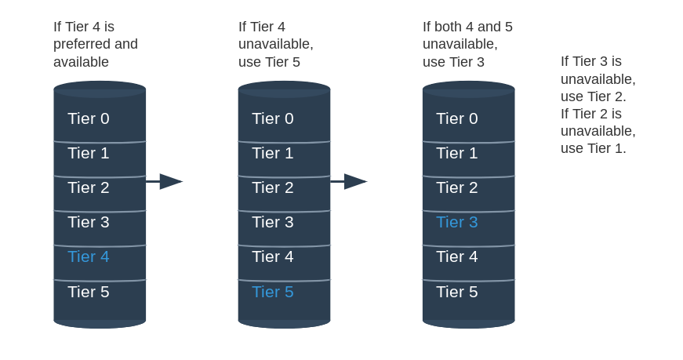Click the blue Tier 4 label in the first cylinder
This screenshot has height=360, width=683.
coord(89,256)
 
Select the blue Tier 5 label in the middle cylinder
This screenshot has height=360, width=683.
coord(273,292)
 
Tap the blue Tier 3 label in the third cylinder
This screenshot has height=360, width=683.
coord(457,222)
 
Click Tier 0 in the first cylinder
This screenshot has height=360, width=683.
coord(89,118)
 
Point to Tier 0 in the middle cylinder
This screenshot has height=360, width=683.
coord(273,118)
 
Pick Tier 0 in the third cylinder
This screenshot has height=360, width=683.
coord(457,118)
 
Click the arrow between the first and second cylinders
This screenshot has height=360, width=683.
coord(164,181)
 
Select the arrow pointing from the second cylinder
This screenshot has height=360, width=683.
coord(349,181)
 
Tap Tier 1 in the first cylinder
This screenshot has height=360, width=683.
coord(89,153)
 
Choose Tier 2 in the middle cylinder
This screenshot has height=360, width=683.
coord(273,187)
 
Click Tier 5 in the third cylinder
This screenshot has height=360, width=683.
coord(457,292)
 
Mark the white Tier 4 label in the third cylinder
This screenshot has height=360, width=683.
coord(457,256)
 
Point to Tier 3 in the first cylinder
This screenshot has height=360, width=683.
coord(89,222)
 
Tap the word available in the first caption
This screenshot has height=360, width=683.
coord(81,62)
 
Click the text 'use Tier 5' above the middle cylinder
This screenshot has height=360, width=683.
coord(269,62)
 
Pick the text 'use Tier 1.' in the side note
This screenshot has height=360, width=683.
coord(594,148)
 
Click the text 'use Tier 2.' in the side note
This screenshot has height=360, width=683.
coord(594,96)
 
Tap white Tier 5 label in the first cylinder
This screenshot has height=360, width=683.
coord(89,292)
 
